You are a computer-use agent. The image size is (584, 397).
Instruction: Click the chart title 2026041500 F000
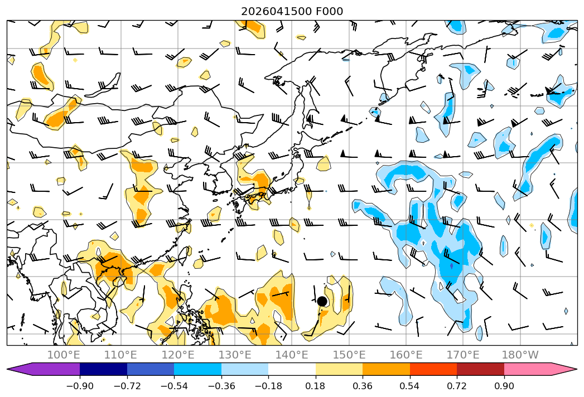tap(292, 12)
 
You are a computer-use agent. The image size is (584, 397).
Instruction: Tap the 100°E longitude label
tap(64, 355)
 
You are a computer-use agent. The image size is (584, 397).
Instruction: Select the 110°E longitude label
tap(120, 355)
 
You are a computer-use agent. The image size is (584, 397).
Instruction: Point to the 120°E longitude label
tap(178, 355)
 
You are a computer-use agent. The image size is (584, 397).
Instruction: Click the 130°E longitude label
tap(235, 355)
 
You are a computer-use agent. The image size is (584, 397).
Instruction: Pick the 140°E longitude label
tap(292, 355)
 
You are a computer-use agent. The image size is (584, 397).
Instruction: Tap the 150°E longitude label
tap(349, 355)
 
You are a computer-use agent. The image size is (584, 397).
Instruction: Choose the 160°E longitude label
tap(406, 355)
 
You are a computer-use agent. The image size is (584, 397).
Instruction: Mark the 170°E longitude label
tap(463, 355)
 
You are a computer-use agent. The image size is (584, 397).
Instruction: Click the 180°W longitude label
tap(520, 355)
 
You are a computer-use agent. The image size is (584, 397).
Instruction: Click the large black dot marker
tap(322, 301)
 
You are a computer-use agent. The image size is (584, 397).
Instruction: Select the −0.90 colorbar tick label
tap(80, 386)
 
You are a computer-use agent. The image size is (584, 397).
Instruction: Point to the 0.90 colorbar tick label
tap(504, 386)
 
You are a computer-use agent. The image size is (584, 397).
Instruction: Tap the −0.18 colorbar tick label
tap(268, 386)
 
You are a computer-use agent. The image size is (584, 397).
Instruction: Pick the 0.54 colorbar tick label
tap(410, 386)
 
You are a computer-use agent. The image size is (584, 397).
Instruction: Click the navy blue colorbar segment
tap(103, 369)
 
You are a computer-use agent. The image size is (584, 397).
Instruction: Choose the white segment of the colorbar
tap(292, 369)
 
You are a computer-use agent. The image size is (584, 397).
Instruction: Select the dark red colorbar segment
tap(480, 369)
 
